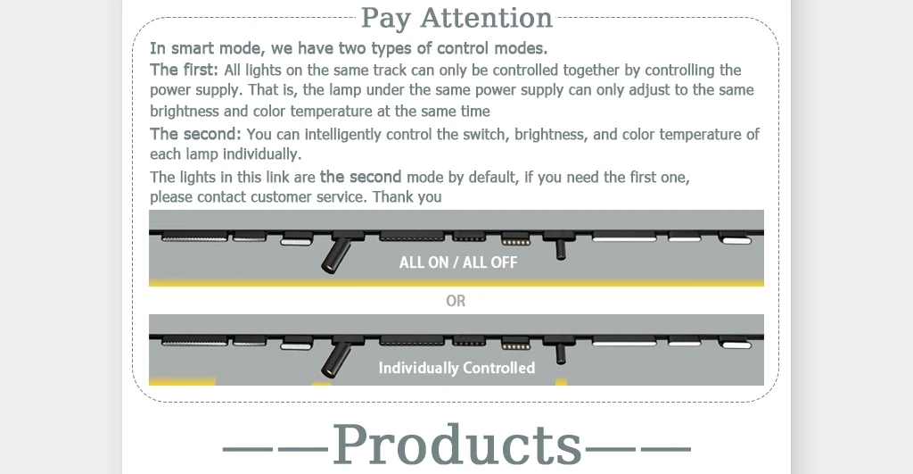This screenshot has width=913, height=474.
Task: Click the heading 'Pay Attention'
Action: [x=456, y=18]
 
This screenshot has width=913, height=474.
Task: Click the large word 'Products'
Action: [x=456, y=444]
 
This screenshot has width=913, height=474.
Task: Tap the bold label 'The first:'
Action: [x=184, y=70]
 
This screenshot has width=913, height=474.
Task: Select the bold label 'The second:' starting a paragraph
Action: [x=195, y=134]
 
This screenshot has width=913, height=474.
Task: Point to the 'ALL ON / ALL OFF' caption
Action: [x=457, y=262]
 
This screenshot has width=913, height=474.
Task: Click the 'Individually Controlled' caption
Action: [x=456, y=368]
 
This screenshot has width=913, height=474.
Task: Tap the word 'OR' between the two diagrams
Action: [x=456, y=301]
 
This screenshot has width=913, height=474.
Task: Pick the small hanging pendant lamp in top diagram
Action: [x=560, y=246]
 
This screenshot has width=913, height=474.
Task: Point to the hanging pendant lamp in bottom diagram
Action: [x=560, y=351]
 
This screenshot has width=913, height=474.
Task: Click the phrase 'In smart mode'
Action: [x=202, y=48]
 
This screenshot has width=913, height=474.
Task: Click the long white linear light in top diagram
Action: [x=624, y=238]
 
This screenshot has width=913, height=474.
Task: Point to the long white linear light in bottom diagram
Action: [x=624, y=343]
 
